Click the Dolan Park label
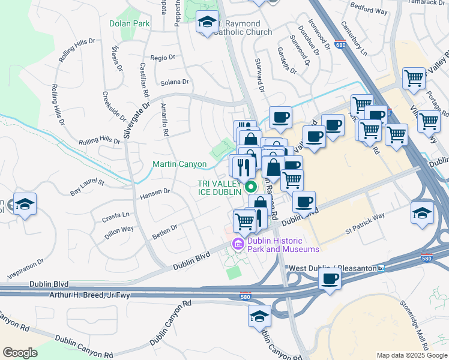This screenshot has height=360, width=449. [x=129, y=24]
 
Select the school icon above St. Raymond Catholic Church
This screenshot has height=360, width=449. [x=208, y=23]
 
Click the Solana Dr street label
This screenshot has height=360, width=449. [x=174, y=82]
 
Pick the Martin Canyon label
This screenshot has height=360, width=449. [x=179, y=164]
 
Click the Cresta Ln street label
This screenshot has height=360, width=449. [x=116, y=215]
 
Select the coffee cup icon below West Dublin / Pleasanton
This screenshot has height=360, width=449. [x=330, y=279]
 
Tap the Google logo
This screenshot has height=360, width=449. [x=21, y=353]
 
